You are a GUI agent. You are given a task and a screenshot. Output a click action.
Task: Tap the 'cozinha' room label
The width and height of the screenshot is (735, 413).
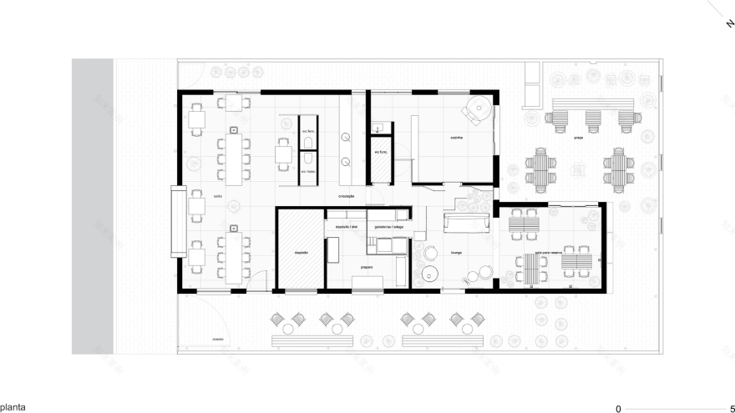pyautogui.click(x=456, y=138)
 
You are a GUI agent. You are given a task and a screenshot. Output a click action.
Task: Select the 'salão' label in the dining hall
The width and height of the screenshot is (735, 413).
pyautogui.click(x=217, y=197)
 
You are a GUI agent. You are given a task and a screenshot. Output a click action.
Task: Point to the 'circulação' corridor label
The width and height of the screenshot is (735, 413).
pyautogui.click(x=347, y=197)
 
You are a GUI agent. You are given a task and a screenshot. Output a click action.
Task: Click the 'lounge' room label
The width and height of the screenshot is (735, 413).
pyautogui.click(x=456, y=250)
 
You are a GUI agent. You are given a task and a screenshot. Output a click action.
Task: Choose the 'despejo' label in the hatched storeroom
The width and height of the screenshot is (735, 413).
pyautogui.click(x=301, y=251)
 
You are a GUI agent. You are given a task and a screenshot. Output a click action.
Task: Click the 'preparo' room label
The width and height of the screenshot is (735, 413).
pyautogui.click(x=367, y=266)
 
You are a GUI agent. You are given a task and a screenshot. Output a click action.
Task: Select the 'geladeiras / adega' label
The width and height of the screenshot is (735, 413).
pyautogui.click(x=386, y=226)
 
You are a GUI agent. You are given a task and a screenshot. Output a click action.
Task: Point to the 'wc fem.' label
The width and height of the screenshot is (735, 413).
pyautogui.click(x=307, y=132)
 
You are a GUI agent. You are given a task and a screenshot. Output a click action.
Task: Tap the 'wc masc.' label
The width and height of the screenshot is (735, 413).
pyautogui.click(x=307, y=173)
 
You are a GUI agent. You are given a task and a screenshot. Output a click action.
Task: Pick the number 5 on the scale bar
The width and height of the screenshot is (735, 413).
pyautogui.click(x=732, y=409)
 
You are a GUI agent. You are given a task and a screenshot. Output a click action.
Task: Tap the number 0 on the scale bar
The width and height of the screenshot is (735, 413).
pyautogui.click(x=619, y=409)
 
